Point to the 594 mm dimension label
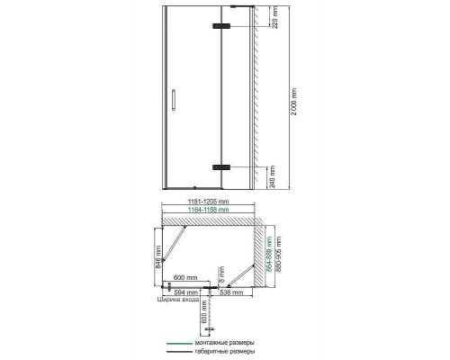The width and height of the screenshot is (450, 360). (x=184, y=292)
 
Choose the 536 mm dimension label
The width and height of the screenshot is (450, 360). (x=241, y=292)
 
